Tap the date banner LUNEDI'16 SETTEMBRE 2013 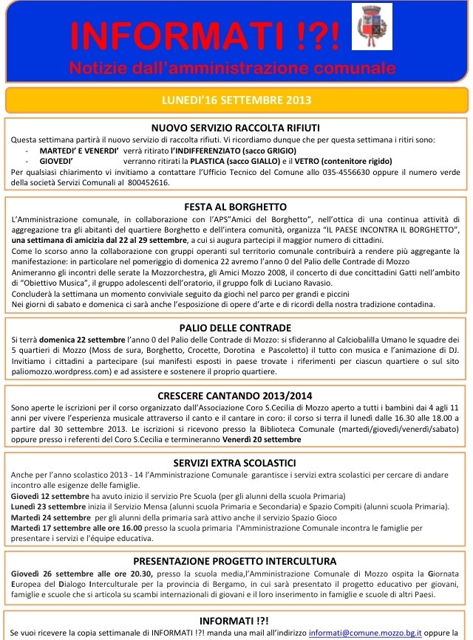[236, 100]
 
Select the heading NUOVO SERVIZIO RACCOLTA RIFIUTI [236, 127]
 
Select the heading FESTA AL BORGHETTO [236, 207]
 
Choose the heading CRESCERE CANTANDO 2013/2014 [236, 396]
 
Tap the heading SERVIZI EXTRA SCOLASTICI [236, 462]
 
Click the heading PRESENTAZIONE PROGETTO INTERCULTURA [236, 561]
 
